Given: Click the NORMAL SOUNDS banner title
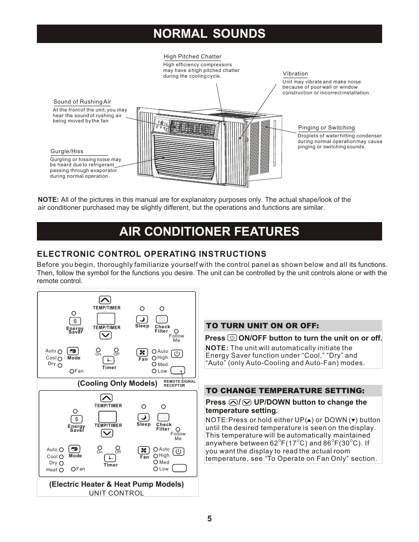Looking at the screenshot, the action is (x=209, y=34).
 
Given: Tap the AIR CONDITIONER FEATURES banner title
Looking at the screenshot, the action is (x=209, y=231).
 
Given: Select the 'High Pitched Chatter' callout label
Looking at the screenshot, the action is (x=192, y=57).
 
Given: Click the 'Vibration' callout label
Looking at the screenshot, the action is (x=295, y=74).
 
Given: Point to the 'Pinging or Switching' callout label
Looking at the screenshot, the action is (x=326, y=128).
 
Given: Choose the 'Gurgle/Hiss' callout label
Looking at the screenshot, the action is (x=67, y=151).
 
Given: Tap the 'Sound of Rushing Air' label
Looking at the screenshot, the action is (x=82, y=102).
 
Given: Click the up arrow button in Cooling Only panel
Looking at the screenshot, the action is (x=105, y=300).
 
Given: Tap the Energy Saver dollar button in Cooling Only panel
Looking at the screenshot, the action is (x=75, y=321).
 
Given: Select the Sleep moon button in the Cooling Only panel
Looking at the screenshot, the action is (x=142, y=319).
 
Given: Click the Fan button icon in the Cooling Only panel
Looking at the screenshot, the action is (x=142, y=352).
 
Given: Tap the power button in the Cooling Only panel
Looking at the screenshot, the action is (x=177, y=354).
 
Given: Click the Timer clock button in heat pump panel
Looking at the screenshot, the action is (x=110, y=458).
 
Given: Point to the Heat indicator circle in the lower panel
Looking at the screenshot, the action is (x=61, y=470).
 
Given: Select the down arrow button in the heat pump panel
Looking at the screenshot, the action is (x=107, y=433).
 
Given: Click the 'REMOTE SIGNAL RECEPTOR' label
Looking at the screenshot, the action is (x=180, y=384).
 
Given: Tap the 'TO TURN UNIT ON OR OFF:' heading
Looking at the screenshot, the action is (x=263, y=326).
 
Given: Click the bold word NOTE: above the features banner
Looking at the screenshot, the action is (x=48, y=200).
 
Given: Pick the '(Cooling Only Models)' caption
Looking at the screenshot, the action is (x=117, y=383).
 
